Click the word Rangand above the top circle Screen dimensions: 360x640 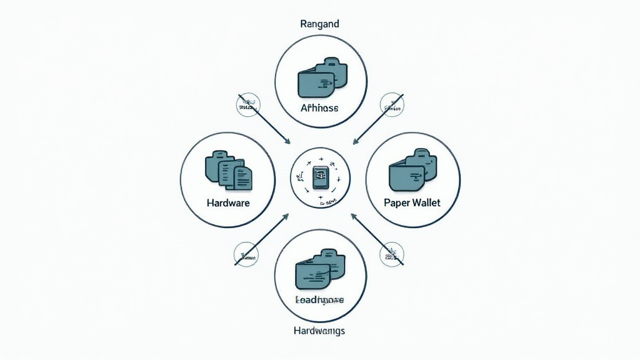pos(320,24)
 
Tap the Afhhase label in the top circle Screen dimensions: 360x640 pos(319,108)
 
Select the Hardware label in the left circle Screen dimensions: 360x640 pos(227,203)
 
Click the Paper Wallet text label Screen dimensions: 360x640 pos(412,203)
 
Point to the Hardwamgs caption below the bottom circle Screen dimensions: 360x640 pos(319,330)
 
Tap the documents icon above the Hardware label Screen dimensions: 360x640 pos(229,170)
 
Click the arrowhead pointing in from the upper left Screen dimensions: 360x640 pos(287,142)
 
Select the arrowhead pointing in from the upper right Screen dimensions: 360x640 pos(354,141)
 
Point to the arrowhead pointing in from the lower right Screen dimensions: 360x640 pos(353,216)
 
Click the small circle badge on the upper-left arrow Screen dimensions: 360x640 pos(249,104)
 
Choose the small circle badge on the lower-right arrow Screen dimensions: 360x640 pos(391,254)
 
